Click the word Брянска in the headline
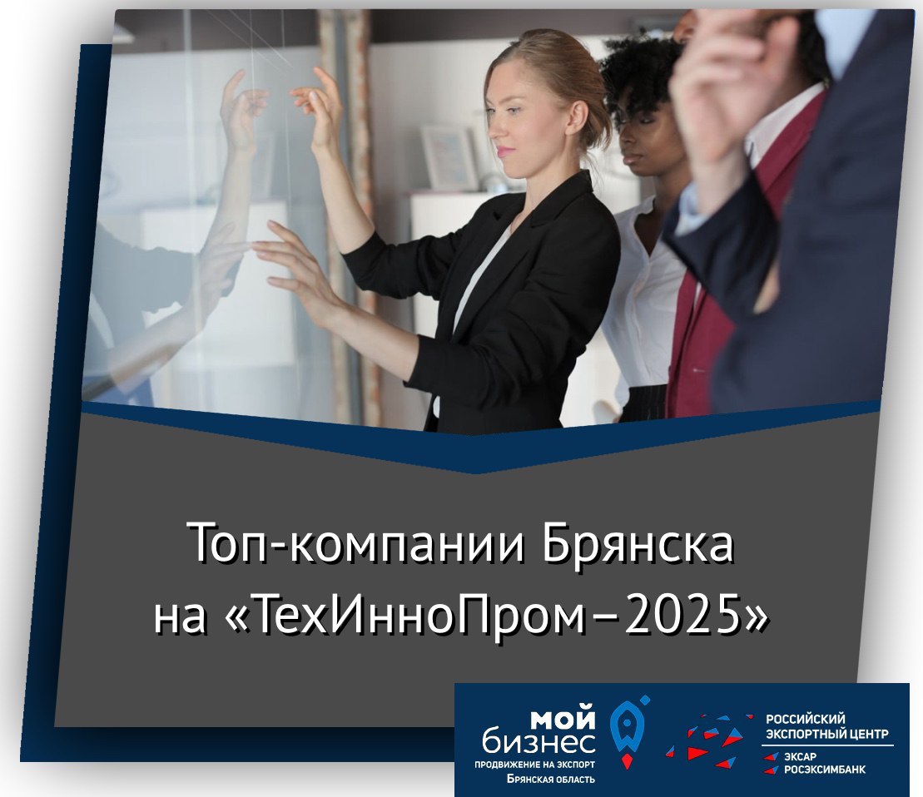tap(638, 542)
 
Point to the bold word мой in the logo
tap(564, 720)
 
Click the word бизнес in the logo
tap(538, 742)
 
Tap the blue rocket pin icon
tap(627, 731)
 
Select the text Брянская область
tap(550, 780)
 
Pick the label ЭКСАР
tap(799, 757)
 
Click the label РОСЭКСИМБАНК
tap(824, 770)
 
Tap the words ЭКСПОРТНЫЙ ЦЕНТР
tap(826, 734)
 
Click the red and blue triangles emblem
tap(708, 740)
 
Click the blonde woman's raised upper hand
tap(318, 106)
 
